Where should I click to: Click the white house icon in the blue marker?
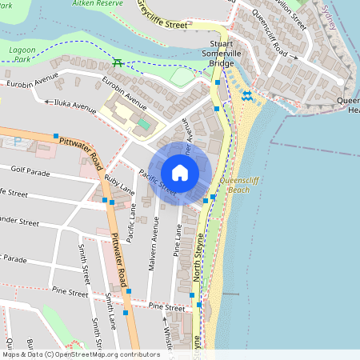pyautogui.click(x=180, y=173)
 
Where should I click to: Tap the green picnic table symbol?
pyautogui.click(x=118, y=62)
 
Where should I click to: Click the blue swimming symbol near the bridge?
pyautogui.click(x=247, y=95)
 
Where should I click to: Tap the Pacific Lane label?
pyautogui.click(x=133, y=221)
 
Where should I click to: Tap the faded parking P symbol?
pyautogui.click(x=18, y=142)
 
